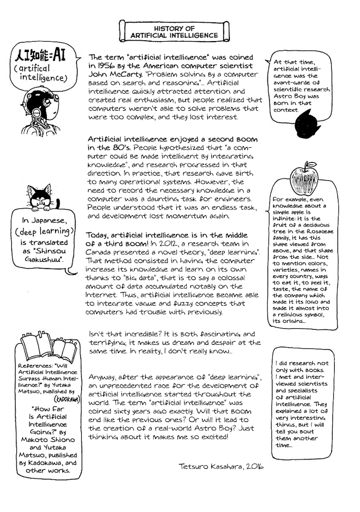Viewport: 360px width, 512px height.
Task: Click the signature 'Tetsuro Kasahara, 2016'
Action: coord(221,466)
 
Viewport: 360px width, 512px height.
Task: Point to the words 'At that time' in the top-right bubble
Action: coord(294,61)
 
